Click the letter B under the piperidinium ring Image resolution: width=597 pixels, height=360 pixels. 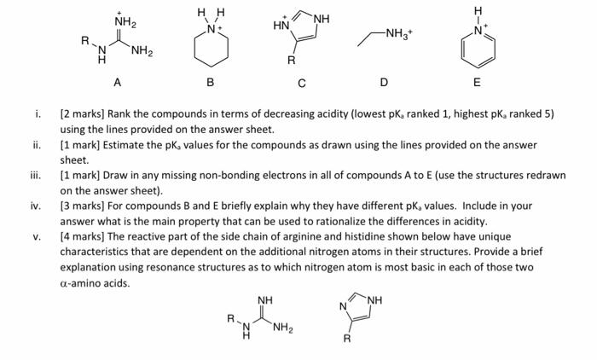point(210,83)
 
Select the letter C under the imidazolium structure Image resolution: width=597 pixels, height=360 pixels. point(301,83)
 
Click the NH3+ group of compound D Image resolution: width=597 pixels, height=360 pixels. point(400,34)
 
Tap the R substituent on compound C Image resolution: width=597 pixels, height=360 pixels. point(291,61)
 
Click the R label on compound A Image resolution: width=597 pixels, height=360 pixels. point(84,40)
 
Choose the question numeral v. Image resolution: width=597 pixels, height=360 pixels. point(36,236)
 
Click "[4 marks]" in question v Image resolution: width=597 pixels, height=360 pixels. point(81,236)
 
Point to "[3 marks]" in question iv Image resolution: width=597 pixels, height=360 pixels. point(81,206)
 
